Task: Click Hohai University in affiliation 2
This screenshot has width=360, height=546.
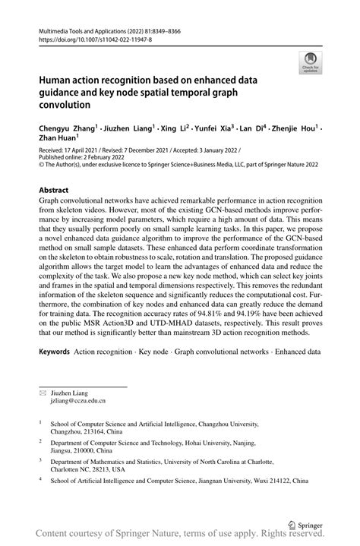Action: [x=226, y=440]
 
